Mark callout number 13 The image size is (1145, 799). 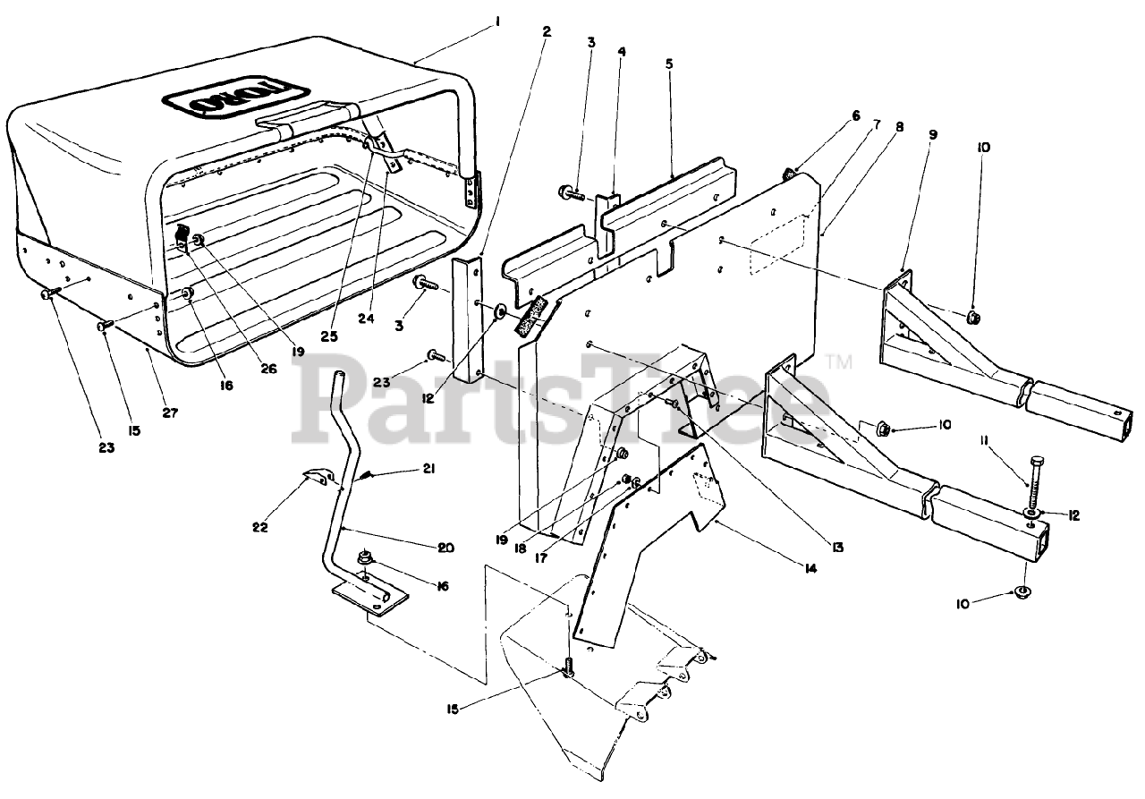(x=836, y=545)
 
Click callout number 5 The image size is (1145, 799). (x=669, y=64)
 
